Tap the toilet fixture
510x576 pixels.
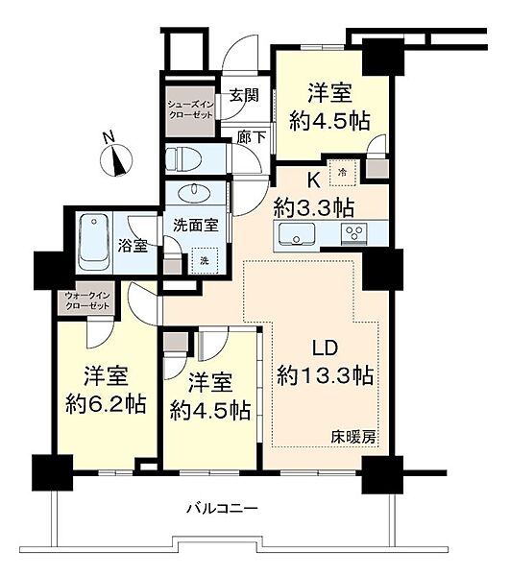click(183, 159)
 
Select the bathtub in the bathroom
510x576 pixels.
click(95, 243)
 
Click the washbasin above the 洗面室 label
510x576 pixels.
click(194, 193)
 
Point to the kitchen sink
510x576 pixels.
click(297, 233)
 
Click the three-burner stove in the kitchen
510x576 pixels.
click(354, 233)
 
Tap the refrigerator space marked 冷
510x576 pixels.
click(343, 173)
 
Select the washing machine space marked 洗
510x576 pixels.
click(205, 260)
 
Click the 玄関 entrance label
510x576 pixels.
click(244, 95)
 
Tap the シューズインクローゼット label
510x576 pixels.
click(191, 109)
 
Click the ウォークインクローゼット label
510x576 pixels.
click(87, 300)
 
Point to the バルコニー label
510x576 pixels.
click(223, 509)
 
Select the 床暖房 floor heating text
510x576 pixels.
click(353, 437)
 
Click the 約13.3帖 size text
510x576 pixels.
click(326, 375)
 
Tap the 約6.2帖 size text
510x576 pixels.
click(107, 404)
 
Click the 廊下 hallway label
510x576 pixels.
click(252, 137)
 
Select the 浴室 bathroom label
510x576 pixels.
click(133, 246)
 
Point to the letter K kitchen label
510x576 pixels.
click(313, 180)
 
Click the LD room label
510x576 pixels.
click(325, 348)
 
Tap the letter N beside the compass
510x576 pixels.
click(108, 137)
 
